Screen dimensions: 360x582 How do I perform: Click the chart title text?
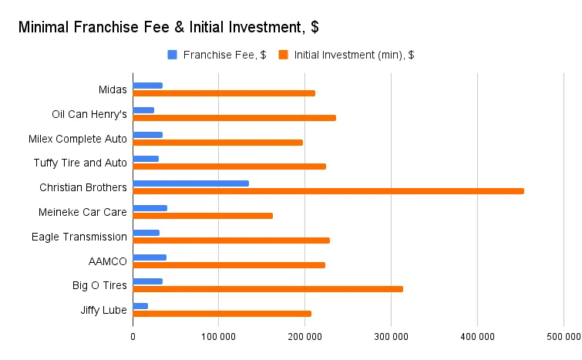tap(168, 27)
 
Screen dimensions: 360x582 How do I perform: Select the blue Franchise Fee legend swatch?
tap(172, 55)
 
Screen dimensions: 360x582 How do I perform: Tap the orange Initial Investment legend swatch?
tap(283, 55)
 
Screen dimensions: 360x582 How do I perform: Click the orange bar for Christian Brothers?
tap(328, 191)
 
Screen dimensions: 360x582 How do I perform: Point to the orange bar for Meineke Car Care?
tap(203, 216)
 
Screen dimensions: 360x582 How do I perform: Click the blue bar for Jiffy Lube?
tap(140, 306)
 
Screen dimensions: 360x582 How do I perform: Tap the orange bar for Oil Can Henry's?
tap(234, 118)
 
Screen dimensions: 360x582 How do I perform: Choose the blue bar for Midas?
tap(147, 86)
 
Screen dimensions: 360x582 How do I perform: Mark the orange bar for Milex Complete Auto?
tap(217, 143)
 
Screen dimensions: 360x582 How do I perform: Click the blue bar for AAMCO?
tap(150, 257)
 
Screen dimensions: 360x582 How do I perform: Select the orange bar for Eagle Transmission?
tap(231, 241)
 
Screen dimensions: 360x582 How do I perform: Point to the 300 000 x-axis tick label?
tap(391, 337)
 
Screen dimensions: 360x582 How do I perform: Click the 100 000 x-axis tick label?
tap(218, 337)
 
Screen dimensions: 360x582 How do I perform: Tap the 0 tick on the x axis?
tap(133, 337)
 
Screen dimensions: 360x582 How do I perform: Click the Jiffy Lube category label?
tap(103, 310)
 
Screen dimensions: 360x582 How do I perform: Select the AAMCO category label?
tap(108, 261)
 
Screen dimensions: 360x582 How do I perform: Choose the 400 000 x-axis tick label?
tap(477, 337)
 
